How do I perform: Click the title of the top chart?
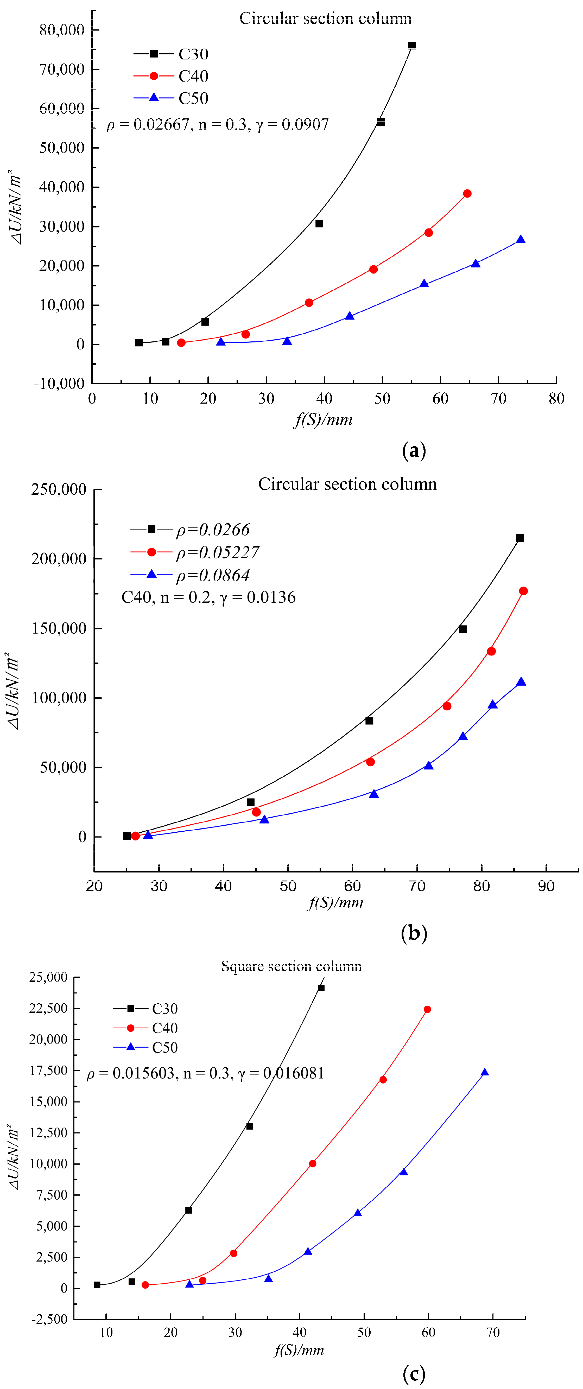[325, 18]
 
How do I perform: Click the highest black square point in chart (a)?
[412, 46]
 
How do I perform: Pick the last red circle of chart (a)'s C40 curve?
[467, 194]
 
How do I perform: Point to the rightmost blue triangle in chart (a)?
[521, 239]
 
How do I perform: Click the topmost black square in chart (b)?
[520, 538]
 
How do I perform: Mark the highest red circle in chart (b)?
[523, 591]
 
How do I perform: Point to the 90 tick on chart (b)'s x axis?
[546, 886]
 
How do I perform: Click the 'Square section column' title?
[291, 966]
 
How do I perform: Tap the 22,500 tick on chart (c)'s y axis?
[48, 1008]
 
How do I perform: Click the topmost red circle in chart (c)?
[427, 1009]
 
